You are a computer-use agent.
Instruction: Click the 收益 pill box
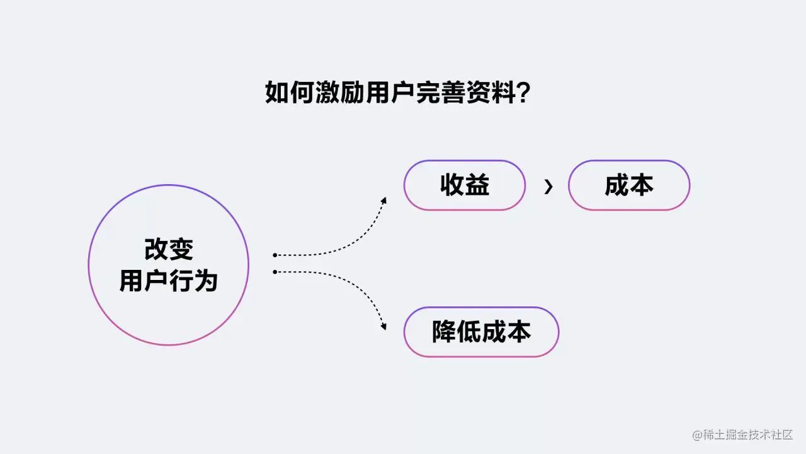pyautogui.click(x=465, y=185)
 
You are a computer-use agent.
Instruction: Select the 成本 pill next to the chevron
pyautogui.click(x=629, y=185)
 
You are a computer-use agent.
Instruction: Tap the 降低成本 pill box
pyautogui.click(x=481, y=332)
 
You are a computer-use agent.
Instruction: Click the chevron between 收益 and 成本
pyautogui.click(x=548, y=186)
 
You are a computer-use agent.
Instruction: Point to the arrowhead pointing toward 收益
pyautogui.click(x=383, y=201)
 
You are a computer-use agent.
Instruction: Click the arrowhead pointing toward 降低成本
pyautogui.click(x=383, y=327)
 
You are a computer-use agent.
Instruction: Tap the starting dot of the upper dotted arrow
pyautogui.click(x=275, y=255)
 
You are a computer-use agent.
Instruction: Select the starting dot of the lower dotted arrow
pyautogui.click(x=275, y=272)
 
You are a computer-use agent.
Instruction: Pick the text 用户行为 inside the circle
pyautogui.click(x=169, y=281)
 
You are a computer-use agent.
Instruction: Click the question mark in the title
pyautogui.click(x=522, y=93)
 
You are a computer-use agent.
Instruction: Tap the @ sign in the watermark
pyautogui.click(x=698, y=435)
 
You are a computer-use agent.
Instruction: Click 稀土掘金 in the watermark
pyautogui.click(x=723, y=435)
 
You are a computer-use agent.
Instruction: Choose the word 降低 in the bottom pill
pyautogui.click(x=457, y=332)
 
